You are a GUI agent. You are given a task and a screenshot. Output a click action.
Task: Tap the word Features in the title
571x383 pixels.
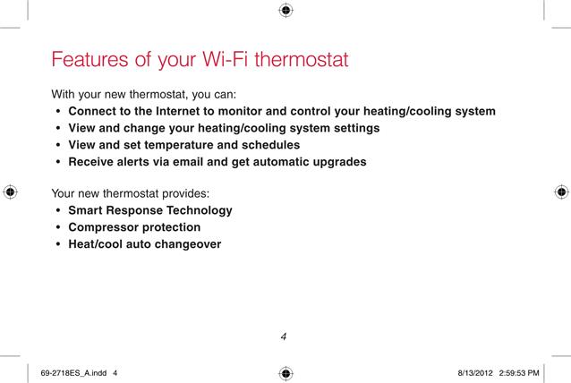pyautogui.click(x=90, y=59)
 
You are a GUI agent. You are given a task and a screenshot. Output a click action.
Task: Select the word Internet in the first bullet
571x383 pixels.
pyautogui.click(x=178, y=111)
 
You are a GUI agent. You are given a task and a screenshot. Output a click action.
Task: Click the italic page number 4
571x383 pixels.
pyautogui.click(x=284, y=336)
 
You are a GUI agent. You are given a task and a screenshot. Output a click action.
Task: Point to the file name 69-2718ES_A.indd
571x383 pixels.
pyautogui.click(x=73, y=373)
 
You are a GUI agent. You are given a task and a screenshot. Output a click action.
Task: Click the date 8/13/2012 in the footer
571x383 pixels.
pyautogui.click(x=475, y=373)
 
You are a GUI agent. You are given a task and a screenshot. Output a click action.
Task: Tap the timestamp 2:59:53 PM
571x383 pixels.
pyautogui.click(x=519, y=373)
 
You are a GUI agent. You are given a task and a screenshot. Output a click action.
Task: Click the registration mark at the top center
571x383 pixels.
pyautogui.click(x=285, y=10)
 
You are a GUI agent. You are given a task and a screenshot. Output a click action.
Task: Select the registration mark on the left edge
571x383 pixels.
pyautogui.click(x=10, y=191)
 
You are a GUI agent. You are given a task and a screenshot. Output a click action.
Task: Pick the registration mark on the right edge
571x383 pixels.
pyautogui.click(x=561, y=191)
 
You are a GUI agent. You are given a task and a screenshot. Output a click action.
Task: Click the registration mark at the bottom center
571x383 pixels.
pyautogui.click(x=285, y=373)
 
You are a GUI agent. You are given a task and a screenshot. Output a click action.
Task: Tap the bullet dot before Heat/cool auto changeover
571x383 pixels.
pyautogui.click(x=58, y=244)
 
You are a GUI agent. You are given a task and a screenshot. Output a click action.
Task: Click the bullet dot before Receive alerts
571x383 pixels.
pyautogui.click(x=58, y=162)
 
